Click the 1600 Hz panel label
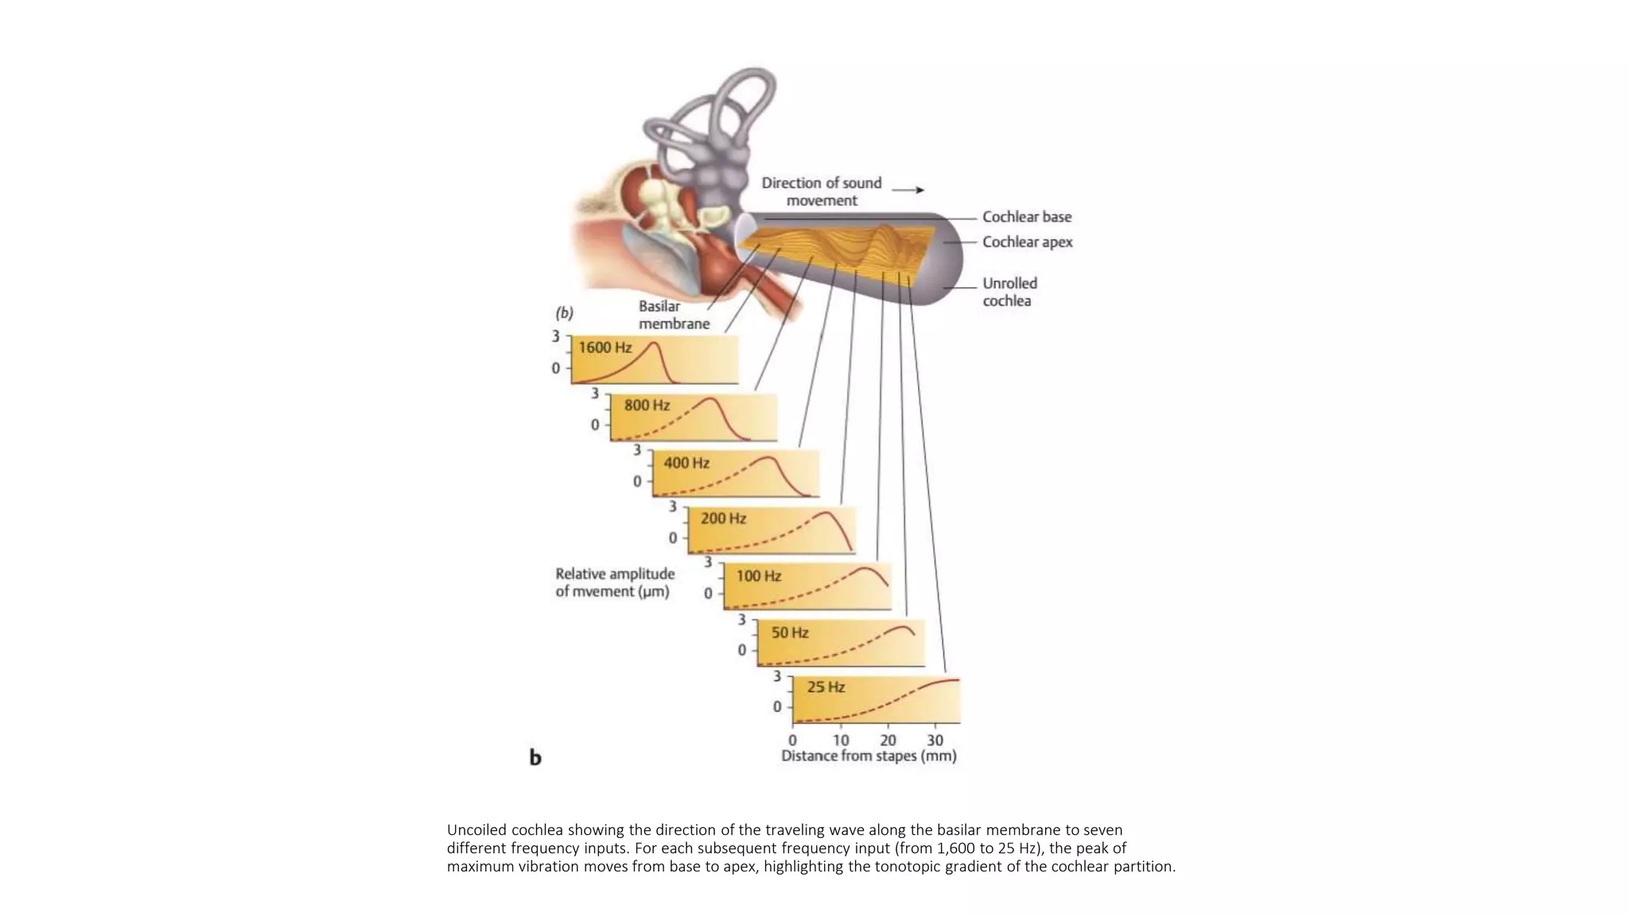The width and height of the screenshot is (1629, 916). click(605, 347)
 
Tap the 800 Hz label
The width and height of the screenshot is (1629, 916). click(647, 406)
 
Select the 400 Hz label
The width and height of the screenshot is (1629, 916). click(686, 463)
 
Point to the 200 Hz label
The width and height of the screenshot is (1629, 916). click(723, 518)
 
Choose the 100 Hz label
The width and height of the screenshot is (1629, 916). click(758, 576)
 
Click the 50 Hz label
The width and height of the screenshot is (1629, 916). click(789, 633)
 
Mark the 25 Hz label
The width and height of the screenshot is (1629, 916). click(826, 687)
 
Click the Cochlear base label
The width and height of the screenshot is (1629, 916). click(1026, 217)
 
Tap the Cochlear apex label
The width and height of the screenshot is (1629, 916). click(1027, 242)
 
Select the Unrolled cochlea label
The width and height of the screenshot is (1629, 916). click(1009, 292)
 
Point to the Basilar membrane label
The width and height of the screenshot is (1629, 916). click(674, 315)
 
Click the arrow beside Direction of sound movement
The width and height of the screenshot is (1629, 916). click(908, 190)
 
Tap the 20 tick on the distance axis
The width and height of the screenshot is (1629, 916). click(888, 739)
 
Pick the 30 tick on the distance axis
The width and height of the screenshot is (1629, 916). click(935, 739)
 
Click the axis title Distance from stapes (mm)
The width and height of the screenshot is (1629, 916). click(869, 756)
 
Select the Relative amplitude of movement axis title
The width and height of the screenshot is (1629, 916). click(614, 582)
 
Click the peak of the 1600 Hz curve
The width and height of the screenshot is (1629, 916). click(654, 343)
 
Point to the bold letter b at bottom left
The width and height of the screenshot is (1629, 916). click(535, 757)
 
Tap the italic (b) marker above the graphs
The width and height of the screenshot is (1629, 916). click(564, 312)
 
